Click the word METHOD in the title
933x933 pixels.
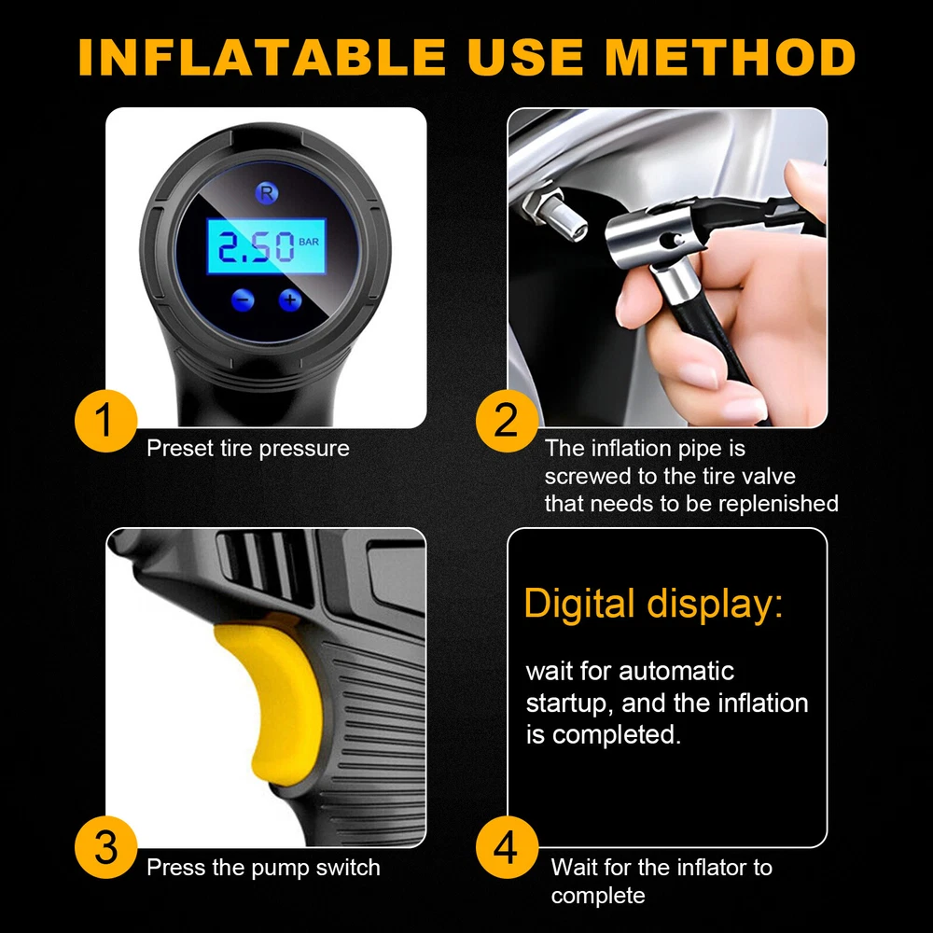(x=731, y=57)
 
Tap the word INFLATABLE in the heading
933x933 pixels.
(x=262, y=57)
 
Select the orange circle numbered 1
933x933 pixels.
(x=106, y=421)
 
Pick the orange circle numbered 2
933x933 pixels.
(x=507, y=421)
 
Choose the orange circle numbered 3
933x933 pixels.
(x=106, y=847)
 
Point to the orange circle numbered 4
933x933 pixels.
(x=507, y=847)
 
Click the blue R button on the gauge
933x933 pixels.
(x=267, y=193)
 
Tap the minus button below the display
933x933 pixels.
(x=243, y=299)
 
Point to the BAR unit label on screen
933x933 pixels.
(x=309, y=242)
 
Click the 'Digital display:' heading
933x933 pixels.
(x=653, y=605)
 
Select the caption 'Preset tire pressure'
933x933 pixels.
(x=248, y=448)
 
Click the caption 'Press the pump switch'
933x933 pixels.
(x=264, y=868)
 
